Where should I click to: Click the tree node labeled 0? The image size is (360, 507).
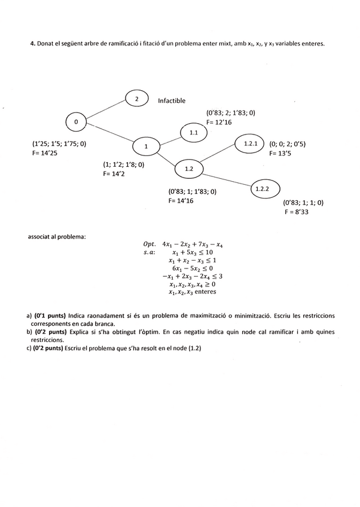click(76, 122)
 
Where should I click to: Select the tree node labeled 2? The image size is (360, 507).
click(137, 99)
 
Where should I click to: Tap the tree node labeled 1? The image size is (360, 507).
click(145, 146)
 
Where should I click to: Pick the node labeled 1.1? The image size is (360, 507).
click(194, 132)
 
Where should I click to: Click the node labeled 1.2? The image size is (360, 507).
click(189, 169)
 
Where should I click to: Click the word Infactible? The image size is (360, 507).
click(172, 101)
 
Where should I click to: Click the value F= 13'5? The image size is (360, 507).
click(282, 153)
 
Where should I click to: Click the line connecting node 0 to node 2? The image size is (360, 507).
click(106, 111)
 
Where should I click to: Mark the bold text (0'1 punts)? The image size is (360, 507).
click(50, 315)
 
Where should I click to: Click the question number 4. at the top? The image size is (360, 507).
click(32, 44)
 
